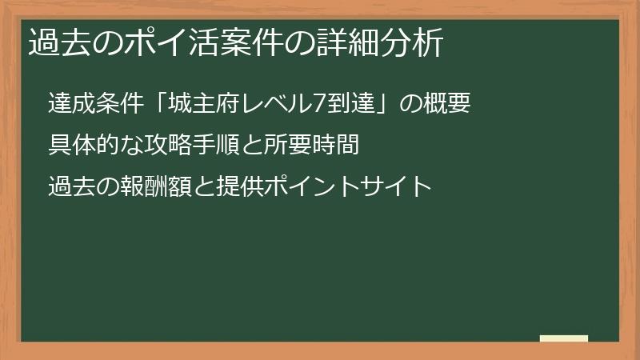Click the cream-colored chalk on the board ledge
(x=564, y=338)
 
